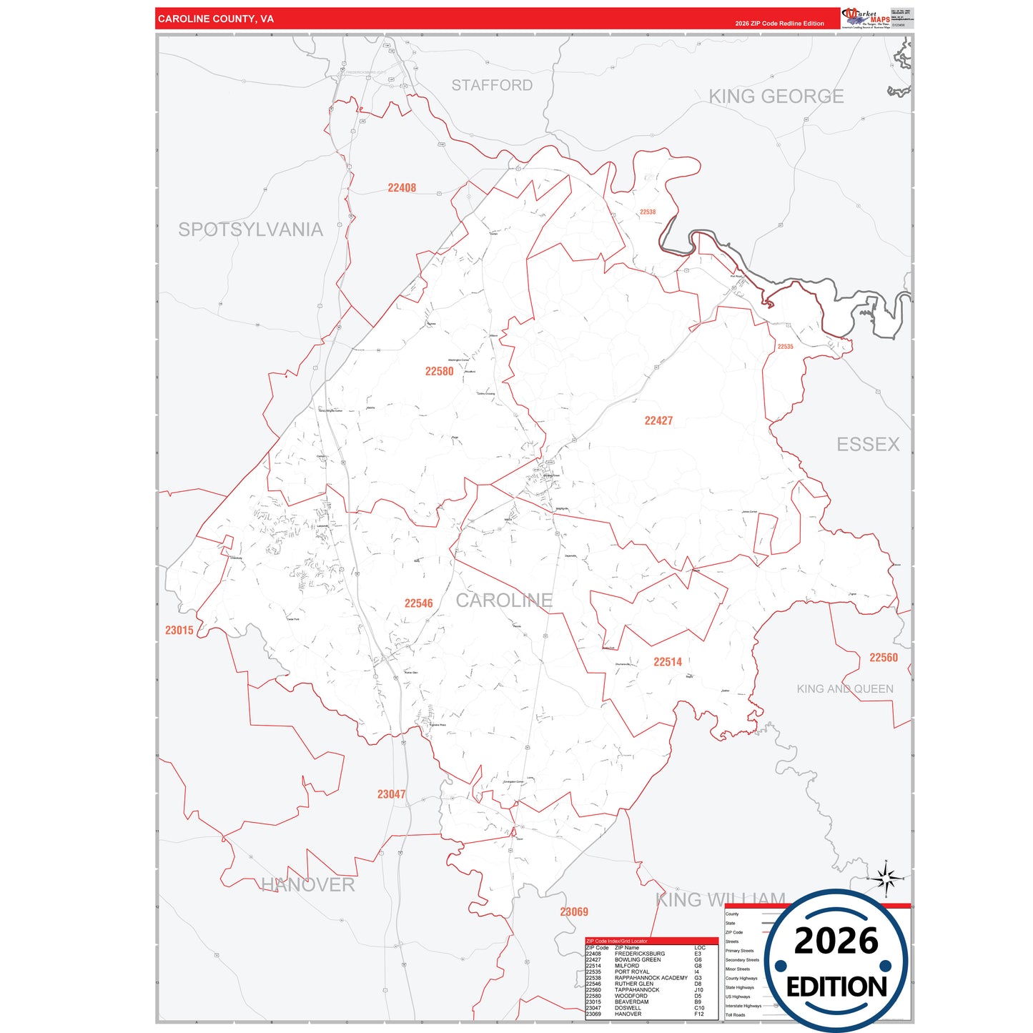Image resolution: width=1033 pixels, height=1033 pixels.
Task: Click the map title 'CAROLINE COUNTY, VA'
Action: point(216,19)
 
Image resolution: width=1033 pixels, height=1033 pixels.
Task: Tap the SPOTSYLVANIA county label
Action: point(250,229)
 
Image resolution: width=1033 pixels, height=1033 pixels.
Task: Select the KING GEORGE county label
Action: point(776,97)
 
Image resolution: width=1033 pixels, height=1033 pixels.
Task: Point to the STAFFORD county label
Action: point(492,85)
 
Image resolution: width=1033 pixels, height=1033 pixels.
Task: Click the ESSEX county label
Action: point(868,445)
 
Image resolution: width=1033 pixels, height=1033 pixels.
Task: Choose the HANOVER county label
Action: point(307,885)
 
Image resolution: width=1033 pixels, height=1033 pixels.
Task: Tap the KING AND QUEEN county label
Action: point(845,689)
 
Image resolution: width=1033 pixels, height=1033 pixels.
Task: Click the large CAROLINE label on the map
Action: point(504,600)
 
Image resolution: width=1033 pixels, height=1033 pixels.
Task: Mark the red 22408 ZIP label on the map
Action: point(402,188)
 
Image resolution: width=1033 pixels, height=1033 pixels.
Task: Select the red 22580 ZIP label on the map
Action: point(439,372)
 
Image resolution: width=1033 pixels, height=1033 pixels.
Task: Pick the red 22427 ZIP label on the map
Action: point(658,421)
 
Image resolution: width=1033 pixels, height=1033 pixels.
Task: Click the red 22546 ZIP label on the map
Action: point(418,603)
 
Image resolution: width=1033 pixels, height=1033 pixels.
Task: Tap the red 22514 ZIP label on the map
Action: point(668,662)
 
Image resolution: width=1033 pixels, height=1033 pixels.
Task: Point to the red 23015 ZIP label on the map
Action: point(179,631)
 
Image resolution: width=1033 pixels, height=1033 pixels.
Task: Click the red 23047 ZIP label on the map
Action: point(391,794)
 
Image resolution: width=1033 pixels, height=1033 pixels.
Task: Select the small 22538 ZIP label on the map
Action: point(648,212)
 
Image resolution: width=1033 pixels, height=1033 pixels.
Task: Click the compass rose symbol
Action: point(886,878)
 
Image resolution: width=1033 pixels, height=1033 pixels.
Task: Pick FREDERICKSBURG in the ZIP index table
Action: point(639,954)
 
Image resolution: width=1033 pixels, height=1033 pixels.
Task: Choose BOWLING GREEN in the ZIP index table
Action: point(637,960)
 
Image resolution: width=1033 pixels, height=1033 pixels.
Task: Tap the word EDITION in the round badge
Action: point(836,987)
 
